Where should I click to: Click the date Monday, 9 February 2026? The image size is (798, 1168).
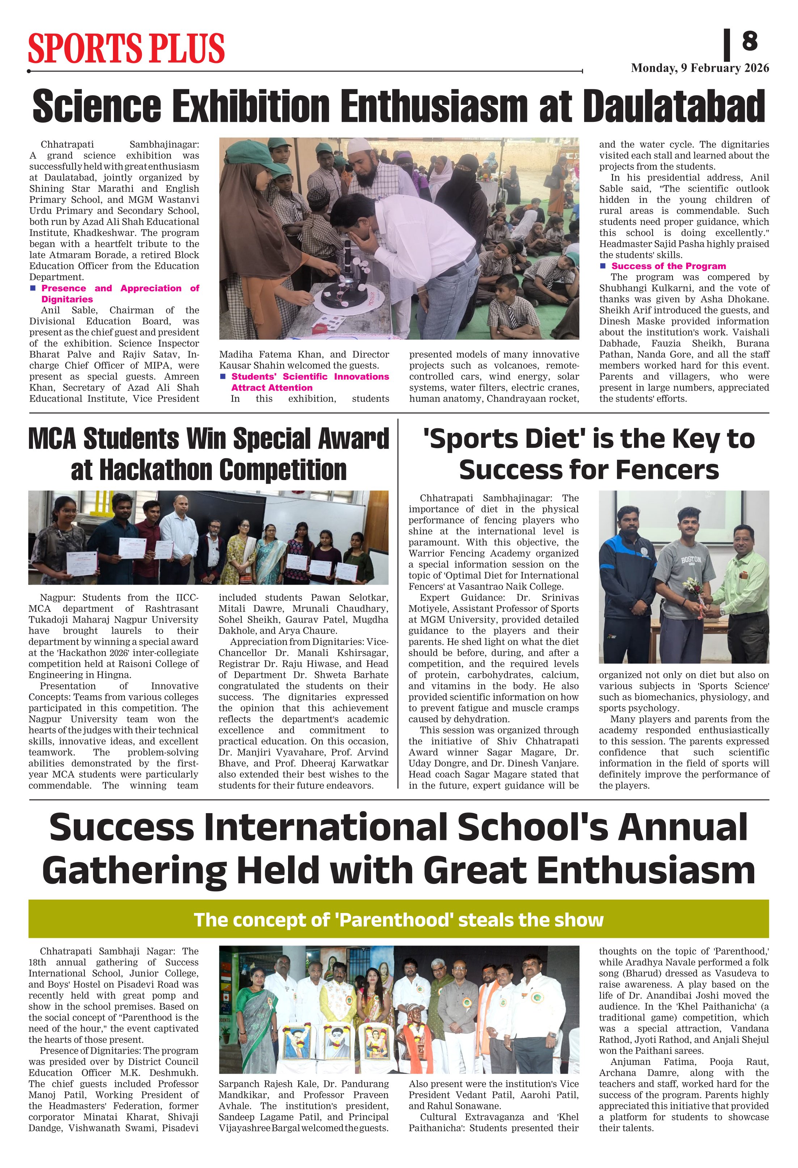click(700, 68)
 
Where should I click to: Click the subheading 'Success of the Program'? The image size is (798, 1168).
click(668, 266)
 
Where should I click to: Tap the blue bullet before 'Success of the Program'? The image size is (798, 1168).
click(603, 266)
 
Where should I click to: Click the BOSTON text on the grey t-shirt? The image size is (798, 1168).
click(691, 560)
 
